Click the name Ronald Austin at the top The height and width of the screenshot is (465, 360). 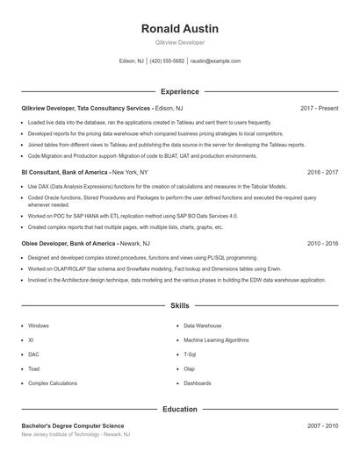coord(179,29)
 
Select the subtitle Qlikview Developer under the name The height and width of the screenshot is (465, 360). coord(179,43)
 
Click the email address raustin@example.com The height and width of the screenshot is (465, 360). coord(215,61)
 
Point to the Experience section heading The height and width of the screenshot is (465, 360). coord(179,91)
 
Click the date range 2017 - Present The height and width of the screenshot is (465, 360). coord(319,108)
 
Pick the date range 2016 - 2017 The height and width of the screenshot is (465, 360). coord(323,173)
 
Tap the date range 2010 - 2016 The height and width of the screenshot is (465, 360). coord(323,242)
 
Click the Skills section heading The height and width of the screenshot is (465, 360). coord(179,306)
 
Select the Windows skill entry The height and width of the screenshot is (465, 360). coord(39,325)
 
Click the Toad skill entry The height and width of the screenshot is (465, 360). coord(35,368)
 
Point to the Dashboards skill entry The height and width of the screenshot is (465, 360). coord(198,383)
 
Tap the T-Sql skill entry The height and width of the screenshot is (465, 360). coord(190,354)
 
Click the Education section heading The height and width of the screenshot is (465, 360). coord(179,409)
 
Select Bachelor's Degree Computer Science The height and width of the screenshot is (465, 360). coord(74,426)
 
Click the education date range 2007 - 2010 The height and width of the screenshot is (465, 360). coord(323,426)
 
